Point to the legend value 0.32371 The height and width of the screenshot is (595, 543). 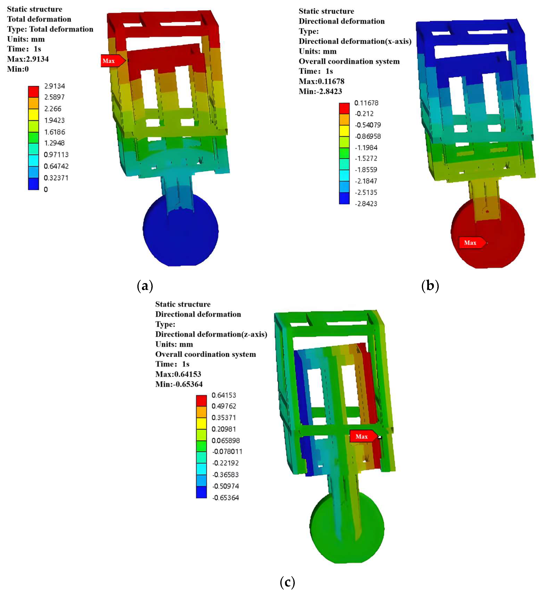pyautogui.click(x=56, y=178)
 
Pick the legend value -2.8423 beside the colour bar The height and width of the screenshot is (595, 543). pyautogui.click(x=366, y=203)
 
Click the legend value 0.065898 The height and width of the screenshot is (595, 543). pyautogui.click(x=226, y=440)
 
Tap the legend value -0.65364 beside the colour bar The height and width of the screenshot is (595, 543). pyautogui.click(x=226, y=498)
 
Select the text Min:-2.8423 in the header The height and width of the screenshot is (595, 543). pyautogui.click(x=320, y=91)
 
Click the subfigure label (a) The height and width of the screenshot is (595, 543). pyautogui.click(x=145, y=286)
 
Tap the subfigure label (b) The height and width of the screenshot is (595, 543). pyautogui.click(x=430, y=286)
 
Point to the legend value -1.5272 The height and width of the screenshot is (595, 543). pyautogui.click(x=366, y=159)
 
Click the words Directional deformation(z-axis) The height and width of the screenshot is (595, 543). pyautogui.click(x=211, y=334)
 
